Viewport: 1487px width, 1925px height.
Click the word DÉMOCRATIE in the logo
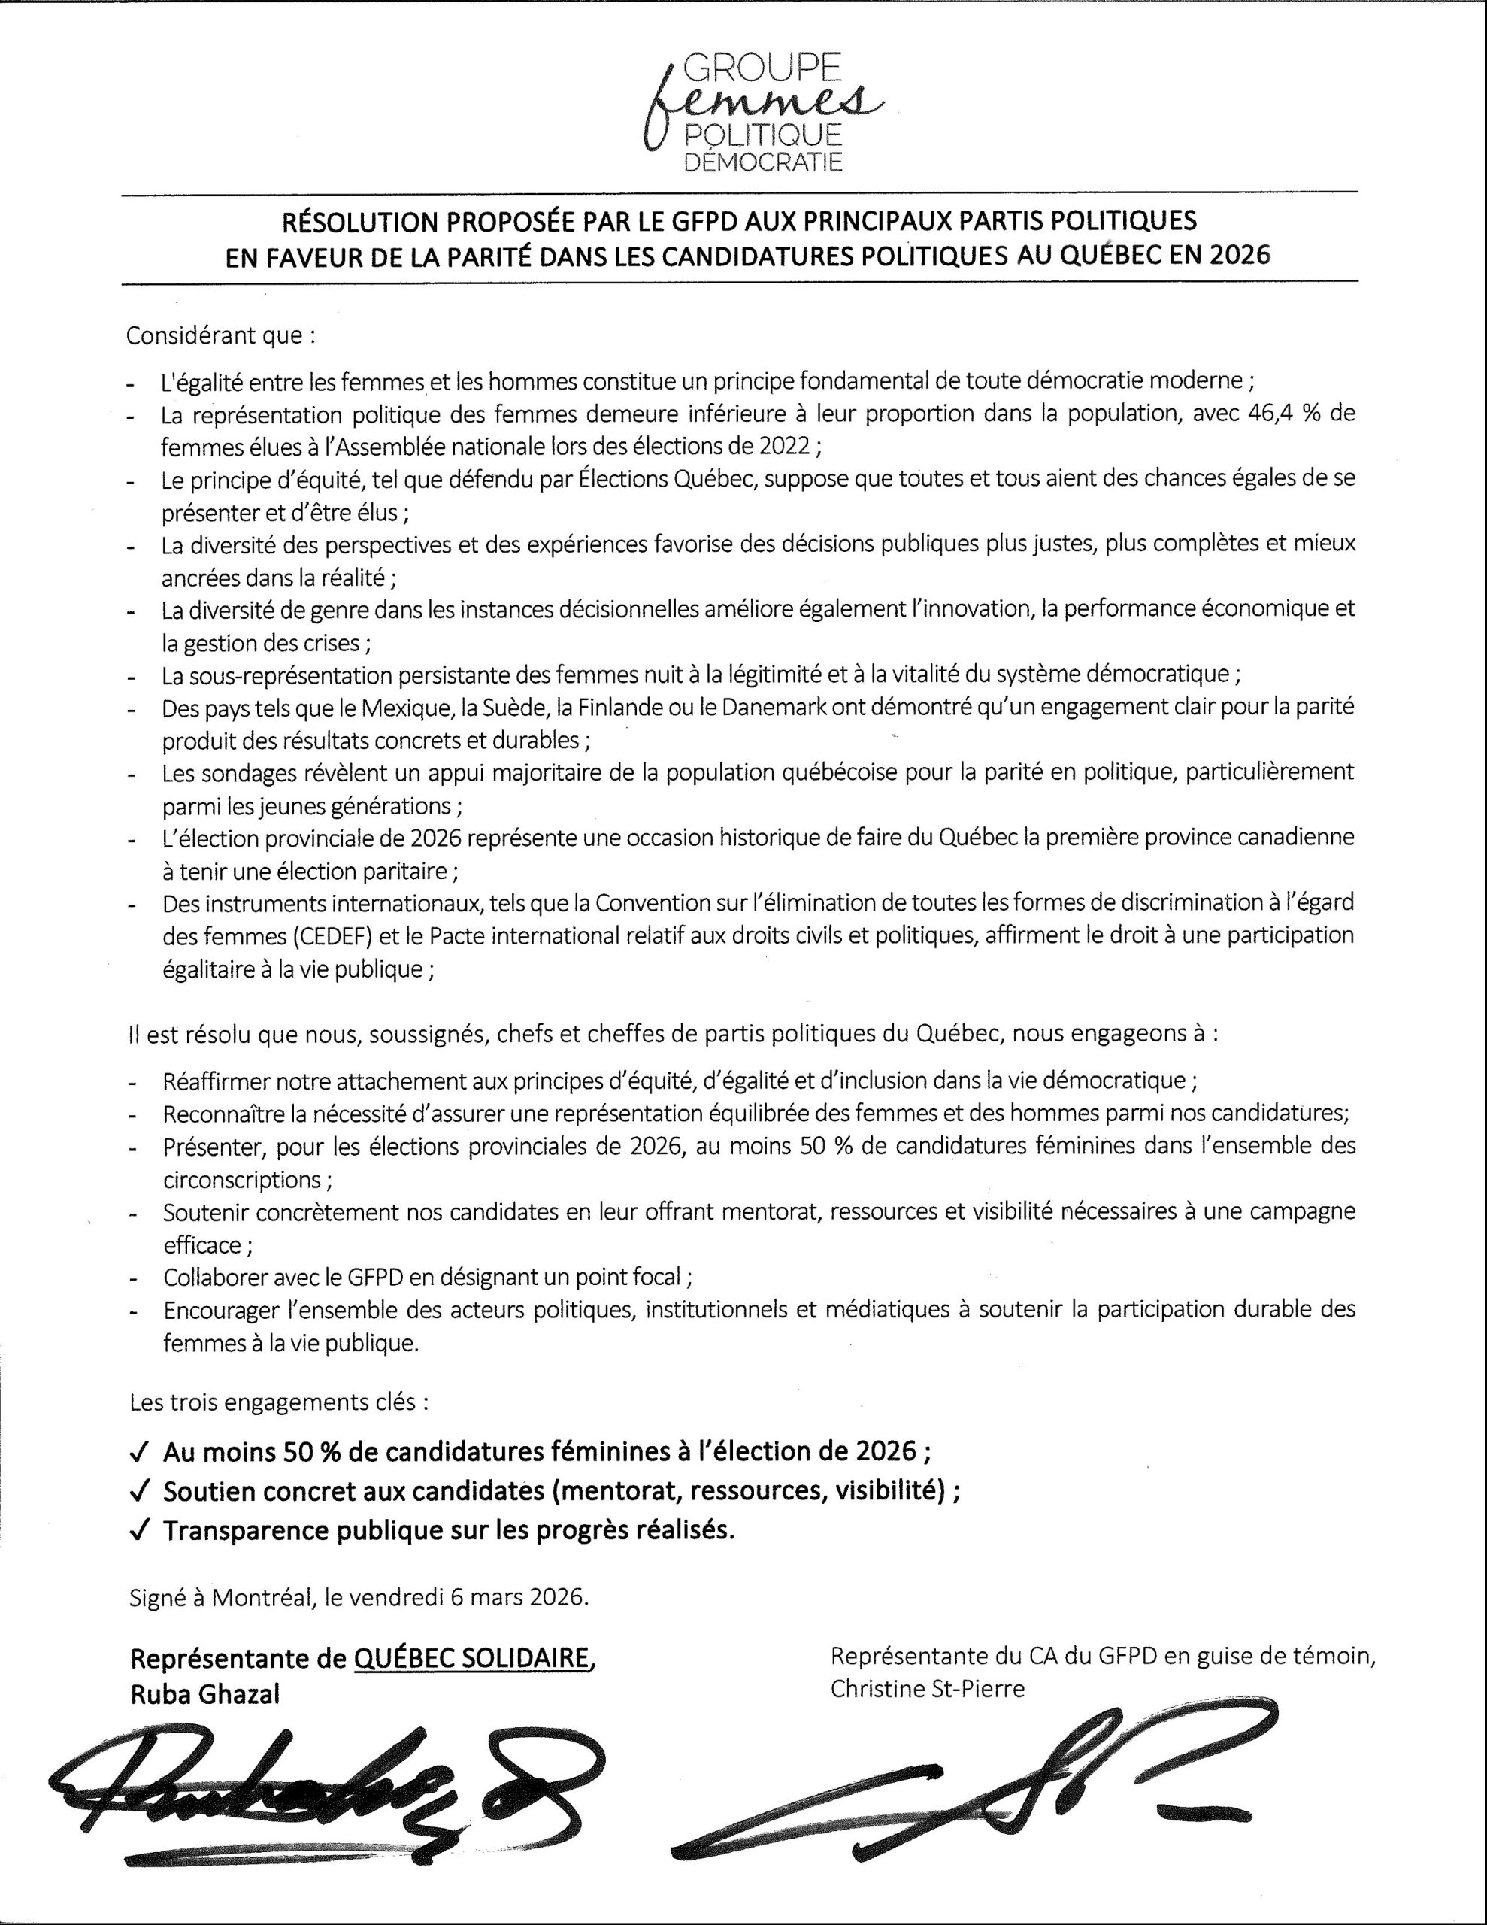pos(763,162)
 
